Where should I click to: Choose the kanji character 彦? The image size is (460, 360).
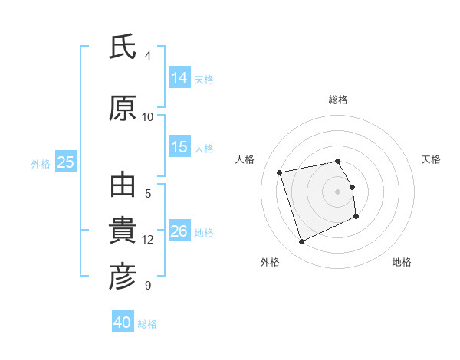[x=123, y=277]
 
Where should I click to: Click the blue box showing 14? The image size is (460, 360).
[x=179, y=78]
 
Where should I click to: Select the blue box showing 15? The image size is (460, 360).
[x=179, y=147]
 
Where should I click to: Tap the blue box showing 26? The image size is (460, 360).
[x=179, y=231]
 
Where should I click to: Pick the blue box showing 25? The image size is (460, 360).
[x=65, y=162]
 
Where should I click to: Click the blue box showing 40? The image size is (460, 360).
[x=123, y=322]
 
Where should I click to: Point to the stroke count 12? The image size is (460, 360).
[x=148, y=240]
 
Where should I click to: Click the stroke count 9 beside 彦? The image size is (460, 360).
[x=148, y=286]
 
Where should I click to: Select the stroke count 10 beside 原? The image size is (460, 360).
[x=148, y=116]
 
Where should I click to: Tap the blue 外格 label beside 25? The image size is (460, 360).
[x=41, y=163]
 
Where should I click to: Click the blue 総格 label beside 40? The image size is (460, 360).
[x=147, y=323]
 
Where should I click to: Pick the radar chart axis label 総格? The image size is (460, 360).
[x=338, y=100]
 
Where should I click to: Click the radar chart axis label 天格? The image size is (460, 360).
[x=431, y=159]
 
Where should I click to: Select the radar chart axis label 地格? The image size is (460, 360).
[x=402, y=262]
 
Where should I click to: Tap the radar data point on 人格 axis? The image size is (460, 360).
[x=280, y=172]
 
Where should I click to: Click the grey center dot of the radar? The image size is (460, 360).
[x=338, y=191]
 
